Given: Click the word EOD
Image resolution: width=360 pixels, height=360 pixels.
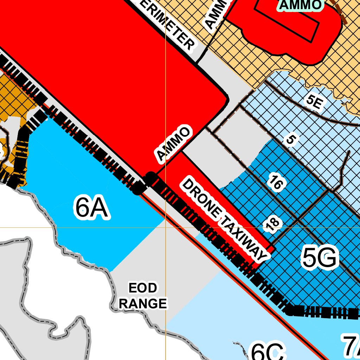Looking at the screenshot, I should pyautogui.click(x=142, y=288).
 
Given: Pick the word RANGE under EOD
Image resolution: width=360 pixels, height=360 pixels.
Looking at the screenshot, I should pyautogui.click(x=142, y=303).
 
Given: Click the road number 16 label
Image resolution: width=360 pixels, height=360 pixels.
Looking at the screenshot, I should pyautogui.click(x=275, y=182).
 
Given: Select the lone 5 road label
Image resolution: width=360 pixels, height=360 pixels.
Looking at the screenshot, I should pyautogui.click(x=290, y=140).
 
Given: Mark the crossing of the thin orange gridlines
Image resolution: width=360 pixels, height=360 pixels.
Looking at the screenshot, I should pyautogui.click(x=165, y=227).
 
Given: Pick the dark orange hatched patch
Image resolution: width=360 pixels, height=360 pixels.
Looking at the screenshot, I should pyautogui.click(x=14, y=95).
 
